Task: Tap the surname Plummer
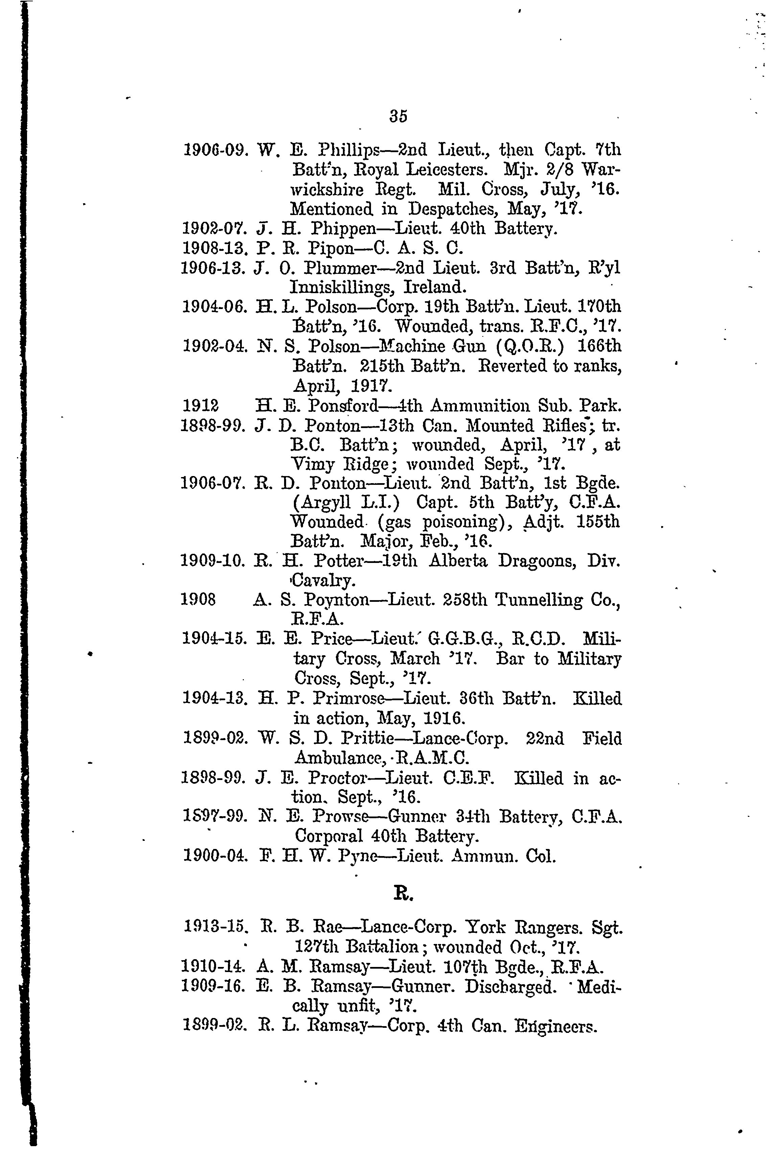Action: [345, 268]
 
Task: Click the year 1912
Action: [200, 405]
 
